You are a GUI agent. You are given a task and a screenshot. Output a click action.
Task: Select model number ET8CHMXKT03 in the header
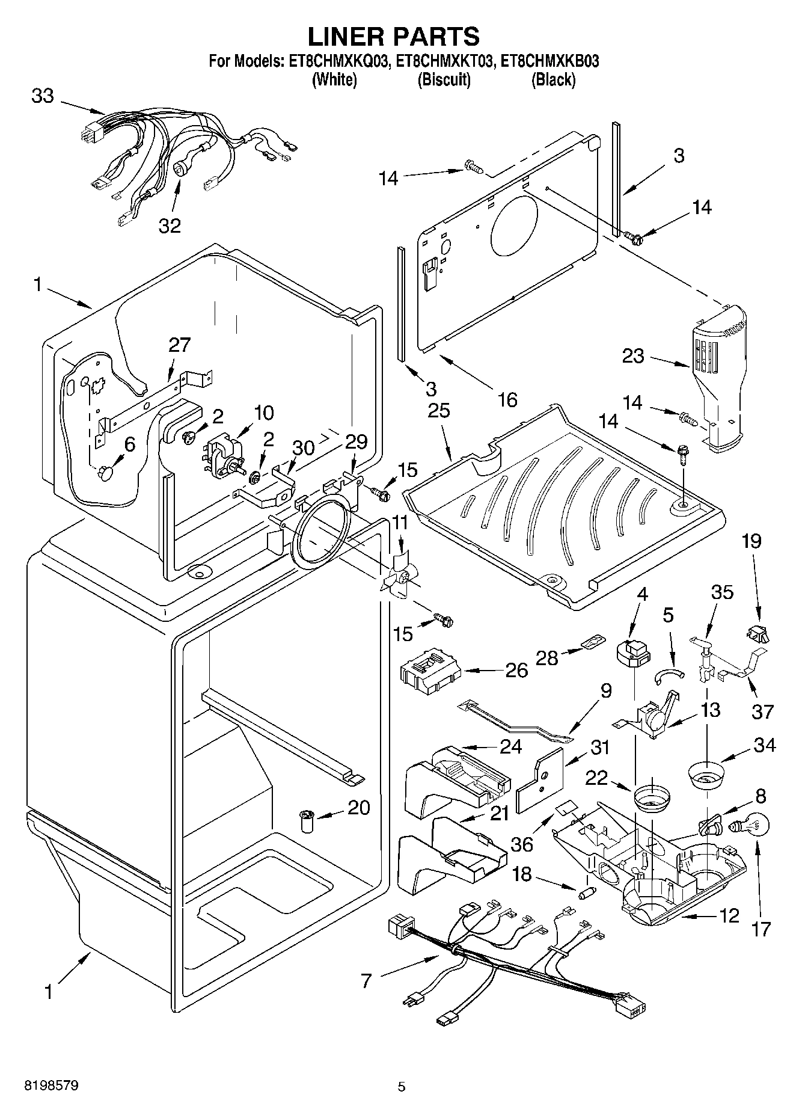click(x=445, y=61)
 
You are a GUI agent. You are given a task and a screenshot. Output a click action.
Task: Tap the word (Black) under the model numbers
click(x=553, y=79)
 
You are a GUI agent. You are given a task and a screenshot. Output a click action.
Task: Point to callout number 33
click(x=42, y=96)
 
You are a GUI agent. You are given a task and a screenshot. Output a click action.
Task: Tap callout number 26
click(x=516, y=670)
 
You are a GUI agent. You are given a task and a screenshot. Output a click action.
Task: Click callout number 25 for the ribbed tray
click(x=439, y=411)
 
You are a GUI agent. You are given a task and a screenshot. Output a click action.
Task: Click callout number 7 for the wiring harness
click(x=366, y=981)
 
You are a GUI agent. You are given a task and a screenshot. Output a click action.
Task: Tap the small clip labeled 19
click(x=758, y=633)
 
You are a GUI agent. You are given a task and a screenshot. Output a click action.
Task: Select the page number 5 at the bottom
click(x=402, y=1087)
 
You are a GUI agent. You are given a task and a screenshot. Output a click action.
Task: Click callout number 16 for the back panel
click(x=507, y=399)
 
